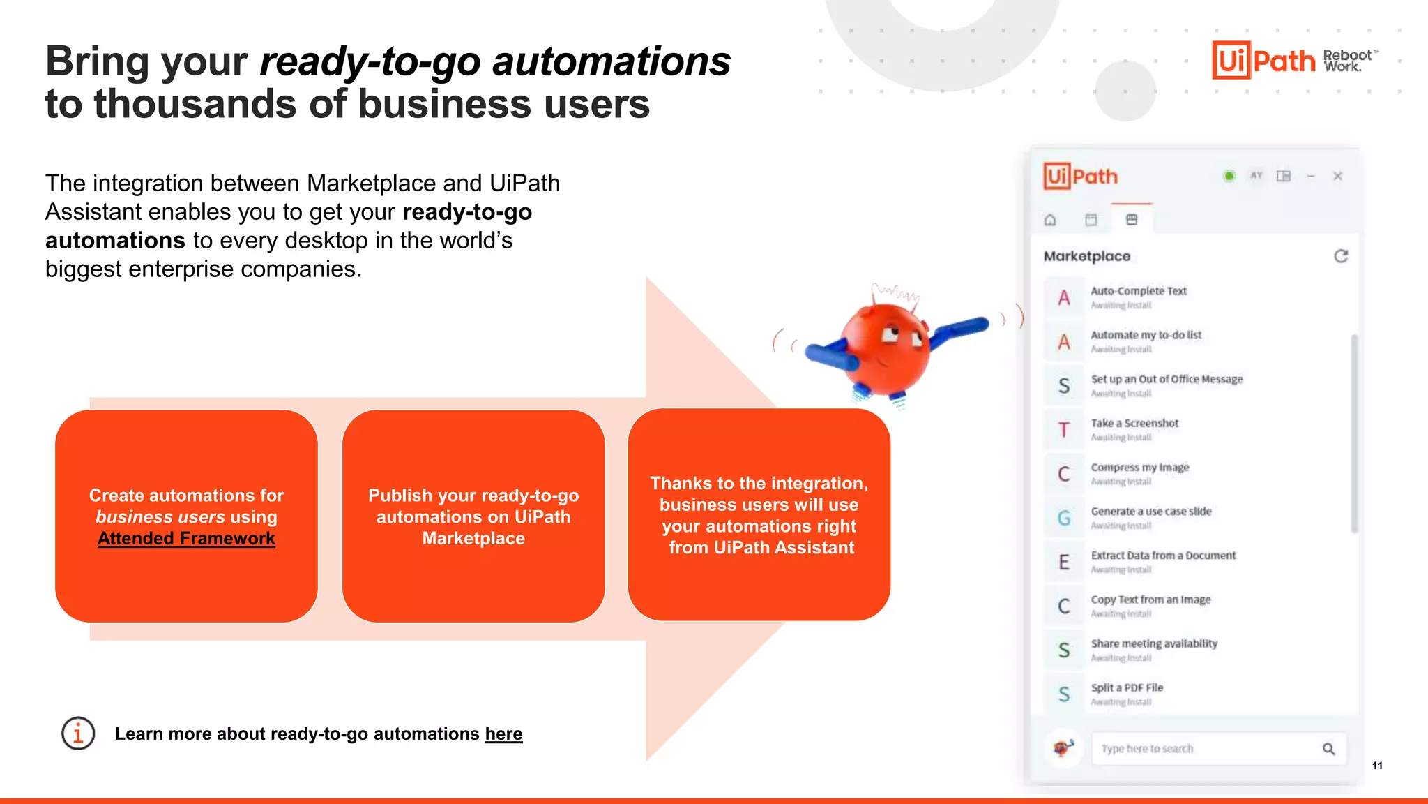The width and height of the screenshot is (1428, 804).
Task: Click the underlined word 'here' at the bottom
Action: (503, 734)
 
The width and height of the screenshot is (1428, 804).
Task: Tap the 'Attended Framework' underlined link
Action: (186, 538)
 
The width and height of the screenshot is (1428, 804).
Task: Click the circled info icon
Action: (78, 734)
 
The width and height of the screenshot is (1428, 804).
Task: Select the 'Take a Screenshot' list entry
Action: (1134, 424)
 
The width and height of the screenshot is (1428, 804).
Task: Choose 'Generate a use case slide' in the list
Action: (1150, 512)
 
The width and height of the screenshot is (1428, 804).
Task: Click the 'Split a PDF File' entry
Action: (1127, 688)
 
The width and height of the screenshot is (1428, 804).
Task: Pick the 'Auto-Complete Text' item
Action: (1138, 291)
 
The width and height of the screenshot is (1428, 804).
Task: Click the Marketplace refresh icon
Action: (1341, 256)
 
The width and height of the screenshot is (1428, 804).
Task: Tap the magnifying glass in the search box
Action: (1328, 749)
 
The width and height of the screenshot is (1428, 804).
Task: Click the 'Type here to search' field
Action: (1199, 749)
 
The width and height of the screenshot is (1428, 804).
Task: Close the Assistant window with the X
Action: (1337, 176)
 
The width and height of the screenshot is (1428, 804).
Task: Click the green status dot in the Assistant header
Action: (1229, 176)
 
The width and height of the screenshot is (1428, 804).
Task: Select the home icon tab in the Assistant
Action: (1050, 220)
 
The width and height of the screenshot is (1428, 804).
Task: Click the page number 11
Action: (1377, 766)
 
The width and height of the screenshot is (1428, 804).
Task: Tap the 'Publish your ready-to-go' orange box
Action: (473, 516)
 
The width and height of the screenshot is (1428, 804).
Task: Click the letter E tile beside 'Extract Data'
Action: (1063, 562)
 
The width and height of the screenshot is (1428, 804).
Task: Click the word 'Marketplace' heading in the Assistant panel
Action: (1086, 256)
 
